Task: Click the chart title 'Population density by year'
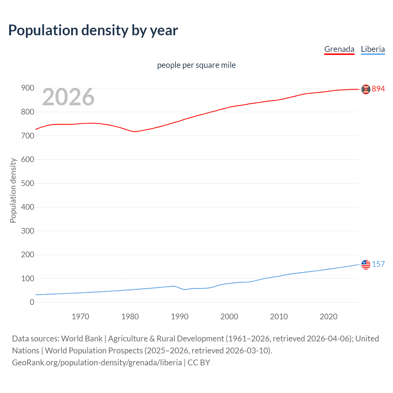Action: tap(93, 30)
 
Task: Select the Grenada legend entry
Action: tap(339, 49)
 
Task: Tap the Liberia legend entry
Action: tap(372, 49)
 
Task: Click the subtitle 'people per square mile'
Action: tap(196, 65)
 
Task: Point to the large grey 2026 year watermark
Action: tap(68, 97)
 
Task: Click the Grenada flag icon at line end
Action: tap(366, 89)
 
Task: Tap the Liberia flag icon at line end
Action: tap(366, 264)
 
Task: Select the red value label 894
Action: tap(378, 89)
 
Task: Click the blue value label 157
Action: tap(378, 264)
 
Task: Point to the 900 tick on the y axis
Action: tap(28, 88)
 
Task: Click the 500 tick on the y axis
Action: tap(28, 183)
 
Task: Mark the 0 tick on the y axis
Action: tap(32, 302)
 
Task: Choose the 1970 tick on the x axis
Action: tap(80, 317)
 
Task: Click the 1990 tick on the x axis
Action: tap(180, 317)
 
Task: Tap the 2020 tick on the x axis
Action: tap(329, 317)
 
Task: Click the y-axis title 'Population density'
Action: tap(13, 190)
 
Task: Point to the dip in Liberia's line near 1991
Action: tap(185, 290)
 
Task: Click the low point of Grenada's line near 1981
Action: tap(135, 132)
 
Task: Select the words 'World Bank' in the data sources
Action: tap(82, 339)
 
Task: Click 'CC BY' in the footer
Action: tap(199, 363)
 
